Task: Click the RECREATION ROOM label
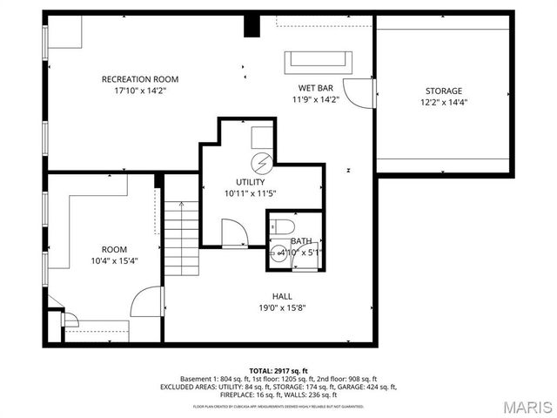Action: point(140,79)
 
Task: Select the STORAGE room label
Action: point(443,91)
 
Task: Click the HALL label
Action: point(282,295)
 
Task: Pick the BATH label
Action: point(301,241)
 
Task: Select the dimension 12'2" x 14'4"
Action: point(443,102)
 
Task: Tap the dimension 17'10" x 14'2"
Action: point(140,90)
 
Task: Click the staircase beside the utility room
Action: point(183,235)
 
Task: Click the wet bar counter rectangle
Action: point(319,61)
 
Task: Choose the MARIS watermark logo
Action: point(524,406)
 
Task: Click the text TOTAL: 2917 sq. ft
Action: point(278,371)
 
